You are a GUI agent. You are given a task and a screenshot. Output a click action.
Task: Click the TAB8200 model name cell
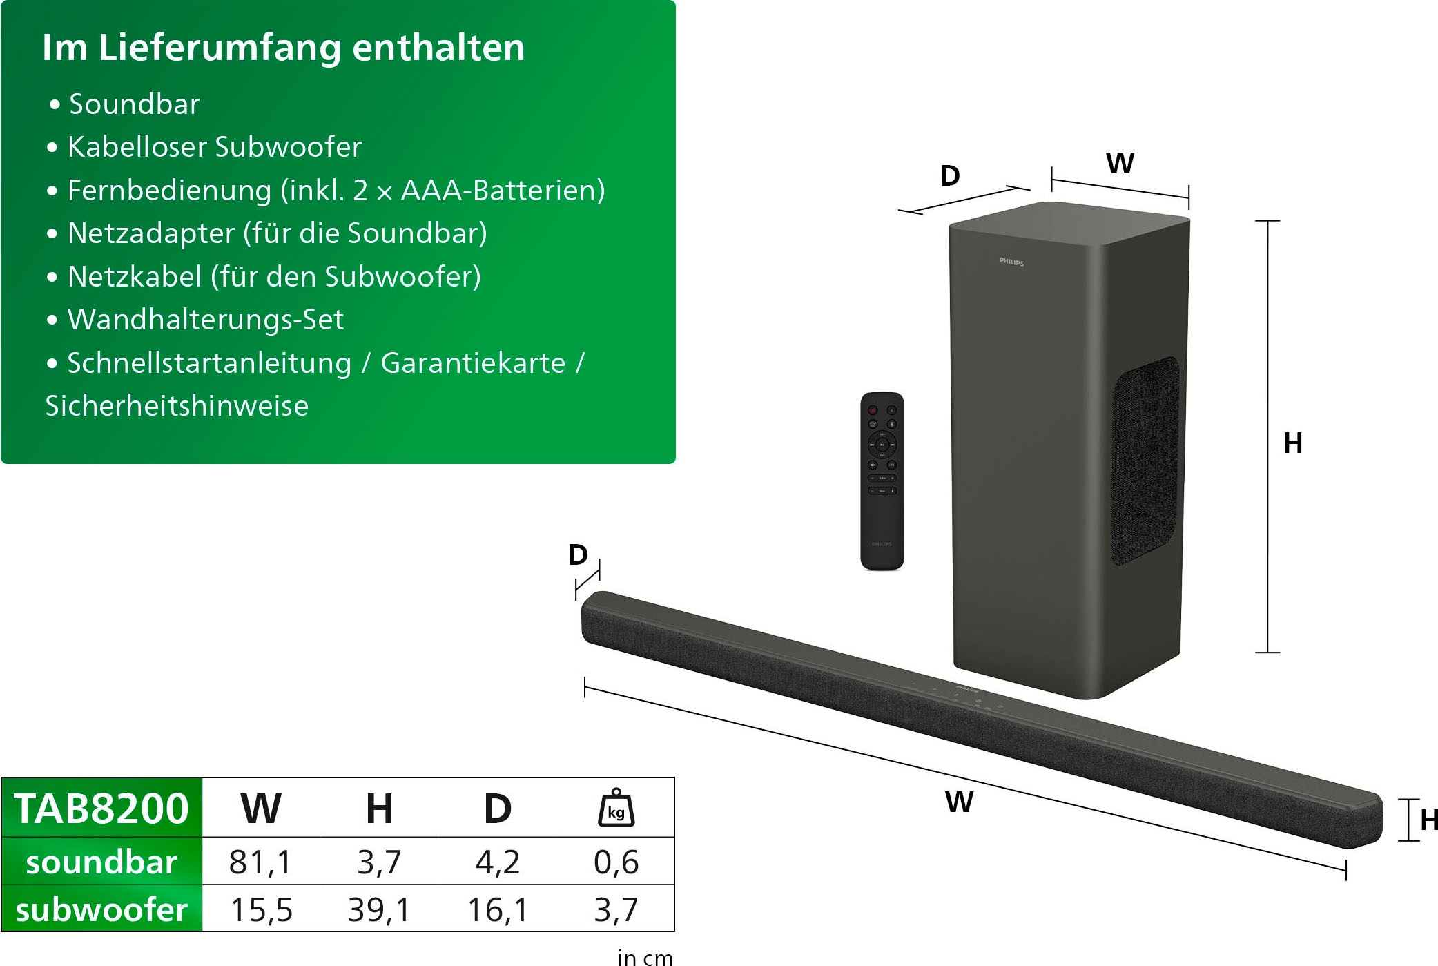[101, 808]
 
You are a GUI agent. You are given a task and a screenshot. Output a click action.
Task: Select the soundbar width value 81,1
[261, 862]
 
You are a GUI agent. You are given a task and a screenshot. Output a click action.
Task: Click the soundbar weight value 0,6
[616, 862]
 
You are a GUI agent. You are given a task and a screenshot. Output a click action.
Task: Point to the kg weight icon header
[616, 808]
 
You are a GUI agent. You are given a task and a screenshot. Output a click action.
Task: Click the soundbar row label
[101, 862]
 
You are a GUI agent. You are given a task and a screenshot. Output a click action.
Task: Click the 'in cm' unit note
[645, 958]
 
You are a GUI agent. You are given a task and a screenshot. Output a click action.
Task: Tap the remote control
[882, 481]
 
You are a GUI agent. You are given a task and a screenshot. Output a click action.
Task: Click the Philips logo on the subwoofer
[1011, 262]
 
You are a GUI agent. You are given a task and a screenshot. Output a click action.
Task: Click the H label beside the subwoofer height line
[1293, 443]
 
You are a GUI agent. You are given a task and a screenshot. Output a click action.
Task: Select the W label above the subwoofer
[1120, 164]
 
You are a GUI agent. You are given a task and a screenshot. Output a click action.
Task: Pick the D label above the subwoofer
[951, 176]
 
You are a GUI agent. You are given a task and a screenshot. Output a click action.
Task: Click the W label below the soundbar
[959, 802]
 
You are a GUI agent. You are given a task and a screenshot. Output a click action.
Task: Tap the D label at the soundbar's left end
[578, 555]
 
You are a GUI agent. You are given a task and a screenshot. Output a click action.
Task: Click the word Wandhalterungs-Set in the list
[206, 320]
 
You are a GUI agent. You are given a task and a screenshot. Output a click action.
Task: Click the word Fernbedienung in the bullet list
[169, 191]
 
